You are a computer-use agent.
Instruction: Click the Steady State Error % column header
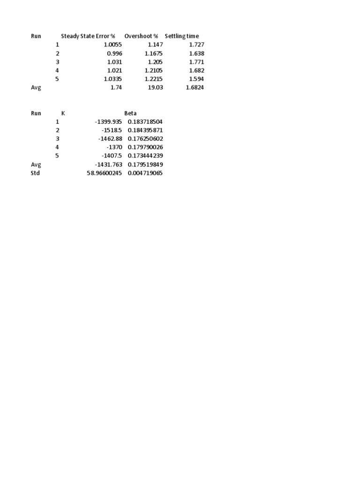coord(88,36)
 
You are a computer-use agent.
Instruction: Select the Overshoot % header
coord(141,36)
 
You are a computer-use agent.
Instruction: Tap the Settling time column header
coord(181,36)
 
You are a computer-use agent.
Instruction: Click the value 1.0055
coord(112,45)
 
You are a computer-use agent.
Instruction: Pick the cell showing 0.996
coord(114,53)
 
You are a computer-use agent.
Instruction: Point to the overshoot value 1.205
coord(155,62)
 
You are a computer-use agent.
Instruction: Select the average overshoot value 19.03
coord(155,88)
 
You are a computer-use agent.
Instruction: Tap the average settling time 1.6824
coord(195,88)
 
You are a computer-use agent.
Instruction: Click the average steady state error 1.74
coord(116,88)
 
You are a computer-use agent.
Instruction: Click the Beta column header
coord(130,113)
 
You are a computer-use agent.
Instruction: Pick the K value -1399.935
coord(108,122)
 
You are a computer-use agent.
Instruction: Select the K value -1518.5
coord(112,130)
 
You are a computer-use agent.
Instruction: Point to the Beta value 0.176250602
coord(145,139)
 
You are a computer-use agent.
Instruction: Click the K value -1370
coord(114,147)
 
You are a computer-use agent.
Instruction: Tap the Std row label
coord(36,173)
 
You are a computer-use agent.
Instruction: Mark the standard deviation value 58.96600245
coord(104,173)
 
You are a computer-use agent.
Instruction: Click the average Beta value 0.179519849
coord(145,165)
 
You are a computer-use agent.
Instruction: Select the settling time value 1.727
coord(196,45)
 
